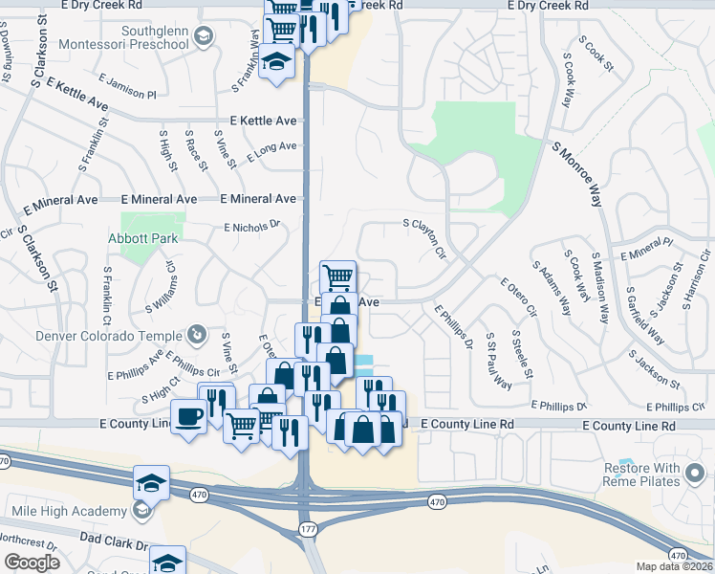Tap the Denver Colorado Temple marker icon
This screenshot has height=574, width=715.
196,334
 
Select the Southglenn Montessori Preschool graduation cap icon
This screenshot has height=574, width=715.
203,37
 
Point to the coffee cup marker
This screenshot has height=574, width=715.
187,416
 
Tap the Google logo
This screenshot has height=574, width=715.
32,563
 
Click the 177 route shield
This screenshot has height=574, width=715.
307,526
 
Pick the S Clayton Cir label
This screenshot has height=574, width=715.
425,239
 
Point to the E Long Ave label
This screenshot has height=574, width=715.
271,151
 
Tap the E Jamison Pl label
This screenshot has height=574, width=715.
126,89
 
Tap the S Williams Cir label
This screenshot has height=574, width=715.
162,288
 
